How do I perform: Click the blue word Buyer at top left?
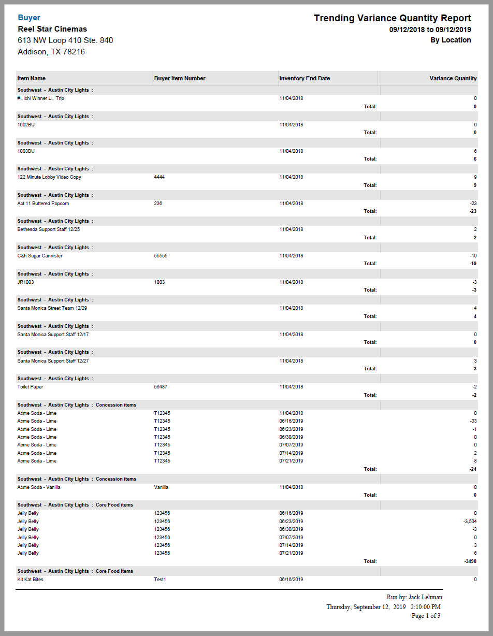pos(29,18)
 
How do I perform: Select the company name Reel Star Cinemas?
pos(52,29)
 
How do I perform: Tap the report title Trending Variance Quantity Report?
pos(392,18)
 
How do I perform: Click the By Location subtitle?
pos(451,40)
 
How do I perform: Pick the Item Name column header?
pos(32,78)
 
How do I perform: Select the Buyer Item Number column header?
pos(180,78)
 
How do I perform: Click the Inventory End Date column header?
pos(304,78)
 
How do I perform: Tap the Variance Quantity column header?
pos(453,78)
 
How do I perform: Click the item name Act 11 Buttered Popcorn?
pos(43,204)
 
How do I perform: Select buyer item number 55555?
pos(161,256)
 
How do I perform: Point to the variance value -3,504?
pos(470,522)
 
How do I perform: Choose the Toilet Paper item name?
pos(31,387)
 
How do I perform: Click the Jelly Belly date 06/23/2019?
pos(291,522)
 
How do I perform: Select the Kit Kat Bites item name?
pos(31,580)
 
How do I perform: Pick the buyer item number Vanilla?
pos(161,487)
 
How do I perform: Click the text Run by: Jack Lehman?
pos(414,597)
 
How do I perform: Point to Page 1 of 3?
pos(426,616)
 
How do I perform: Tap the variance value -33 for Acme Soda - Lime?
pos(473,421)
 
